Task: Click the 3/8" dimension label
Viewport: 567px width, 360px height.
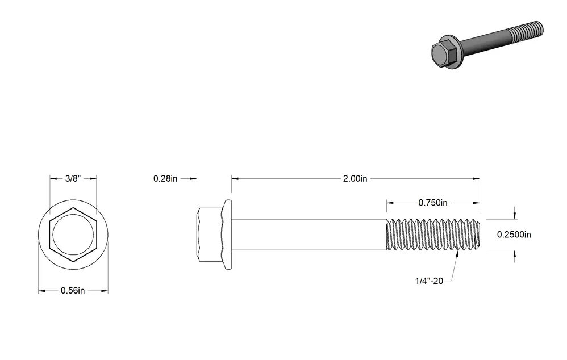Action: [x=73, y=178]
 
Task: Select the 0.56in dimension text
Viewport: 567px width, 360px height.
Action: [x=73, y=291]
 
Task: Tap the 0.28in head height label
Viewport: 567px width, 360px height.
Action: [x=165, y=178]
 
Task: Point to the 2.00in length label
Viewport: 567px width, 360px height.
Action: [x=355, y=178]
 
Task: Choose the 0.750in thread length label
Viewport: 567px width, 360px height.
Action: [x=433, y=203]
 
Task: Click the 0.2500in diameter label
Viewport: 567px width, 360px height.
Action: [x=514, y=235]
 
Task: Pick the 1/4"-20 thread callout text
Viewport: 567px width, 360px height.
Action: [x=430, y=281]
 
